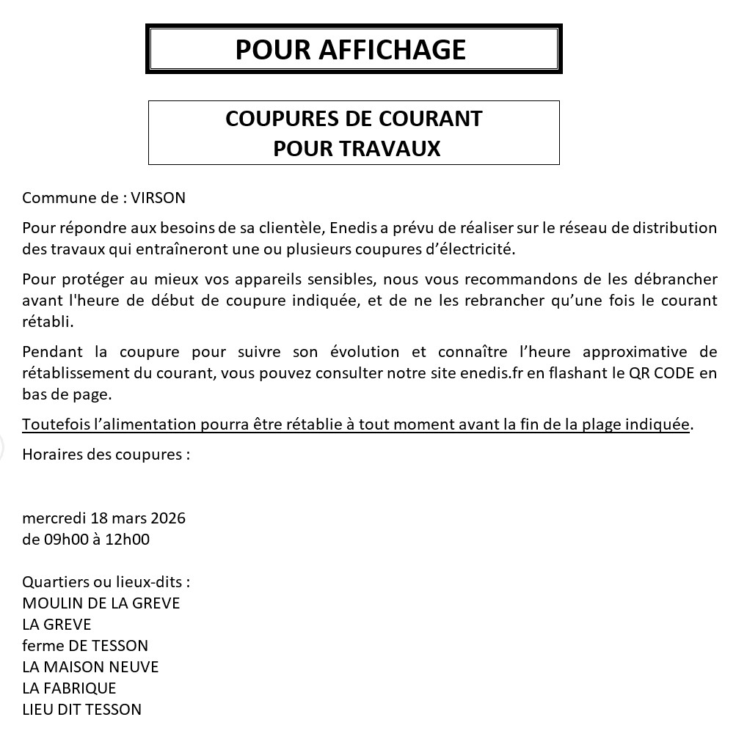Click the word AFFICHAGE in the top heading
393,50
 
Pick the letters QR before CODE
640,372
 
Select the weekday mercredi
54,518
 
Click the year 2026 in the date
168,518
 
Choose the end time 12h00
128,540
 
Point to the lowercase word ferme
43,646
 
